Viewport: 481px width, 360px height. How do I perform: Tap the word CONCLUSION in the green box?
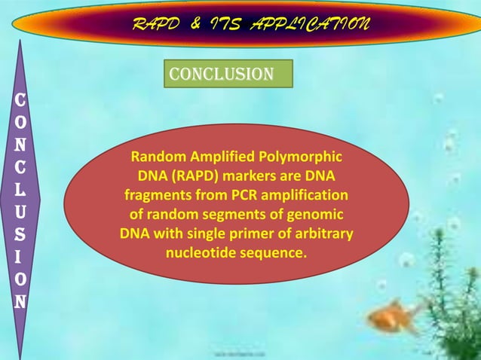[221, 74]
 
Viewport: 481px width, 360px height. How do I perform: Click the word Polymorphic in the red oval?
[302, 158]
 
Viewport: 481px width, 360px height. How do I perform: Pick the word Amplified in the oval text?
[223, 158]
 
